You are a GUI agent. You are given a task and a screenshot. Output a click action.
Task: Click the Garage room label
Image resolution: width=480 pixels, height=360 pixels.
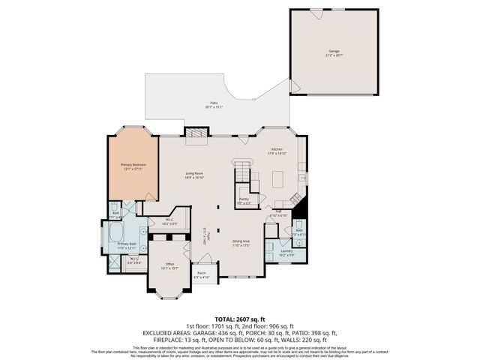coord(334,52)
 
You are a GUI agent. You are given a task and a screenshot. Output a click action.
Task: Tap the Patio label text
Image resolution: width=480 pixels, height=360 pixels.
coord(214,106)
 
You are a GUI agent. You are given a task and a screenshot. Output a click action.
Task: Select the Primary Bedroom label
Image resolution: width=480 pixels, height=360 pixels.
coord(134,166)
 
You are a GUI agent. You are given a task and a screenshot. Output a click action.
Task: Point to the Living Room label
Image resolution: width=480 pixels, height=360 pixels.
coord(195,175)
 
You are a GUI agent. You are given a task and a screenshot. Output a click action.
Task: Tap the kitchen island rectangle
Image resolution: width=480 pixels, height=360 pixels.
coord(278,179)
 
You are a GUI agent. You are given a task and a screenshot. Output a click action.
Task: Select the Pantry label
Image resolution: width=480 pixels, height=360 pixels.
coord(244,201)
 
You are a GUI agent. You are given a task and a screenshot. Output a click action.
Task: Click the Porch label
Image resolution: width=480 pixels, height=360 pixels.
coord(202,274)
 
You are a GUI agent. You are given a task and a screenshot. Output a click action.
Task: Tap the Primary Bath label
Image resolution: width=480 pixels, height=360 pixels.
coord(126,245)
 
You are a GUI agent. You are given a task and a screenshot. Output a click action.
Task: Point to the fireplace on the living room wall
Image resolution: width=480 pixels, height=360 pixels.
coord(197,133)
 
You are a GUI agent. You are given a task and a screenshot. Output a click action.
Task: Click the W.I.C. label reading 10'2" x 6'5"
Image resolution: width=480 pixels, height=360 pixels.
coord(169,222)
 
